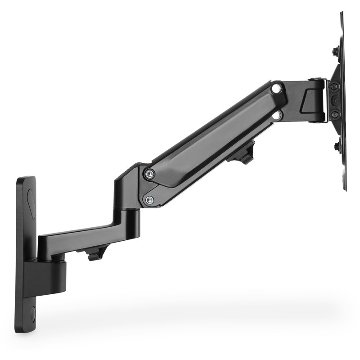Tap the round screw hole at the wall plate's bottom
pos(32,312)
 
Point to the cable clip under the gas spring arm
pos(243,153)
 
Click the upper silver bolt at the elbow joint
pos(149,174)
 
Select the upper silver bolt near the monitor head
pos(277,88)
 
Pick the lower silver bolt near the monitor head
pos(277,116)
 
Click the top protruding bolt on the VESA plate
pos(335,52)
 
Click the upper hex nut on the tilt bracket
pos(334,86)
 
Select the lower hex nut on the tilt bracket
pos(335,114)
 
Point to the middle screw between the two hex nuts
pos(335,100)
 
